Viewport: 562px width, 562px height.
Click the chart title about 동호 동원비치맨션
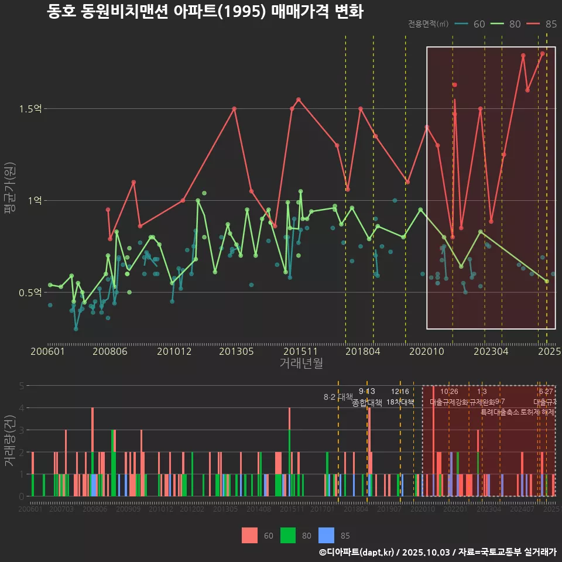click(205, 12)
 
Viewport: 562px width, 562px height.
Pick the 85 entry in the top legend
click(542, 24)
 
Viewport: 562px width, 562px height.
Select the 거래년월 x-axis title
click(301, 363)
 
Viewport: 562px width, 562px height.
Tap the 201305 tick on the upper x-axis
click(236, 351)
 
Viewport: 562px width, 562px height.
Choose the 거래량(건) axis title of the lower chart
click(9, 441)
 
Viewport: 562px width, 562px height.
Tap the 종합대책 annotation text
click(366, 403)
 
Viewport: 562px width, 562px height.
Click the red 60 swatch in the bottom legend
click(249, 535)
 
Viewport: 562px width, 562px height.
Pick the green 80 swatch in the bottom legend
click(288, 535)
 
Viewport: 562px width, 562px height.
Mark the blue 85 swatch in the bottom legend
click(326, 535)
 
